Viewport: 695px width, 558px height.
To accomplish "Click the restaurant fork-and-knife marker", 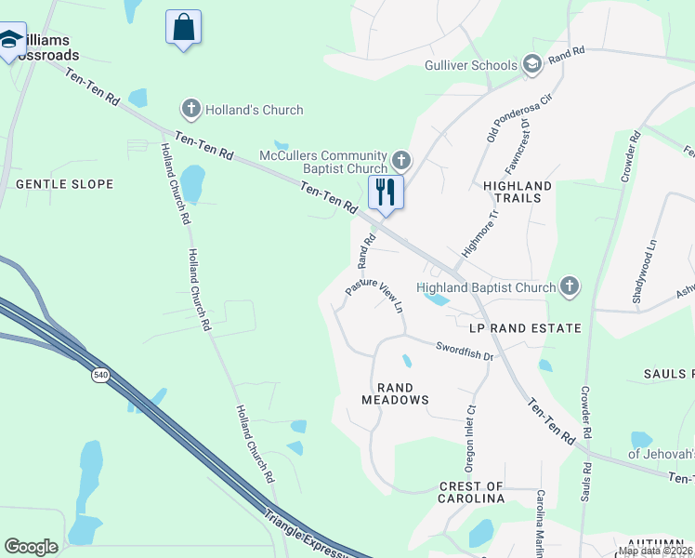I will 382,193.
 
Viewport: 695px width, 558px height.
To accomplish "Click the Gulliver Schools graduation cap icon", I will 532,65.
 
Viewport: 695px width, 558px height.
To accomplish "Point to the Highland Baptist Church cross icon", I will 570,287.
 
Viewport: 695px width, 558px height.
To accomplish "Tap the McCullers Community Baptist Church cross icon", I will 401,161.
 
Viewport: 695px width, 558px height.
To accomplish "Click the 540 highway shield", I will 99,375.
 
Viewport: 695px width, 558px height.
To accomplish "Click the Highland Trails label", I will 518,193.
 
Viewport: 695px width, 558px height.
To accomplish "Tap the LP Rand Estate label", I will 526,328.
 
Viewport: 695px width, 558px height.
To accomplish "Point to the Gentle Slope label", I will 65,184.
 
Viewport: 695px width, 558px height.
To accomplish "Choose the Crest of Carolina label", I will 471,492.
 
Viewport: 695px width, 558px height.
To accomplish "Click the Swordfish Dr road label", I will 464,350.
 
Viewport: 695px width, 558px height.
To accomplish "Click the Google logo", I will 31,547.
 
